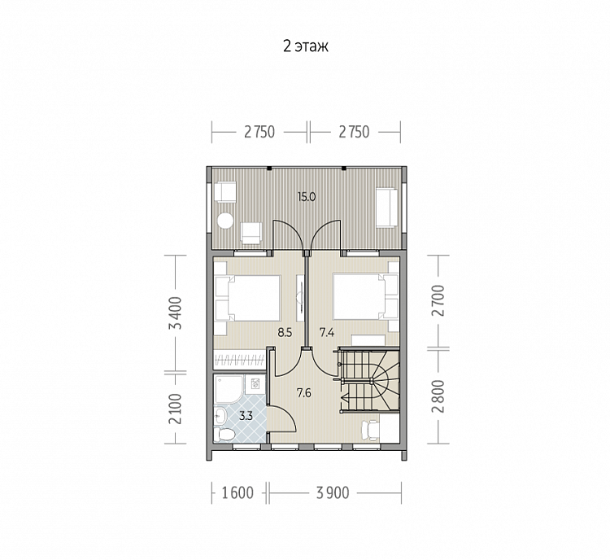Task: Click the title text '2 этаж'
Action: pos(305,46)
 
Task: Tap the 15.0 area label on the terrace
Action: pos(306,197)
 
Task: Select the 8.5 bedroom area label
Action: pos(285,333)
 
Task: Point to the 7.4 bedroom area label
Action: pos(327,333)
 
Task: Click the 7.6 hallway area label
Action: pos(304,393)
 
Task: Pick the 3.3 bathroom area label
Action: pos(246,416)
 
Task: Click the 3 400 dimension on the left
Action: pos(176,313)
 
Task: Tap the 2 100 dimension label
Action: pos(176,409)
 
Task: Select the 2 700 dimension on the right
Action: pos(438,300)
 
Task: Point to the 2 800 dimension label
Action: pos(438,396)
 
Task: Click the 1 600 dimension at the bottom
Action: pos(237,493)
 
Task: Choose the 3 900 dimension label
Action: pos(333,493)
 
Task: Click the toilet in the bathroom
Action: pos(224,434)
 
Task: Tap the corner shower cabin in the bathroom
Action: pos(229,389)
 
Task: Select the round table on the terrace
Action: pos(225,221)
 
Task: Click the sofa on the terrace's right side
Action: pos(386,208)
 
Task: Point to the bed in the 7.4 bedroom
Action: pos(365,297)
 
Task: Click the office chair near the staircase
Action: pos(370,431)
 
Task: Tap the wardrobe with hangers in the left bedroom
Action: pos(239,359)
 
